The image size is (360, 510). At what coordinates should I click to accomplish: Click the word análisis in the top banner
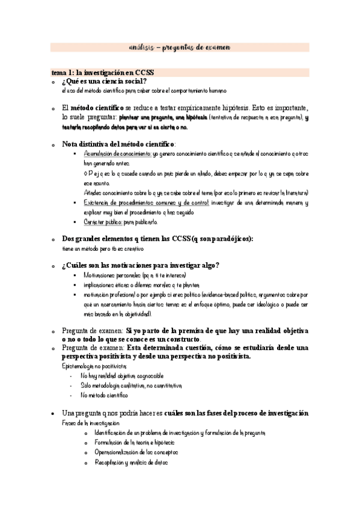pyautogui.click(x=142, y=48)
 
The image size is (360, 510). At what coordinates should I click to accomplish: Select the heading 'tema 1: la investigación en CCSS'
pyautogui.click(x=103, y=72)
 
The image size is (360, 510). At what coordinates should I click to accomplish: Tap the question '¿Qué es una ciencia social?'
pyautogui.click(x=105, y=81)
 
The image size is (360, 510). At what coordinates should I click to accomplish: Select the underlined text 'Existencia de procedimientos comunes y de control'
pyautogui.click(x=147, y=203)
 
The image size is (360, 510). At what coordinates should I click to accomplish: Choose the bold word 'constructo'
pyautogui.click(x=177, y=340)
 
